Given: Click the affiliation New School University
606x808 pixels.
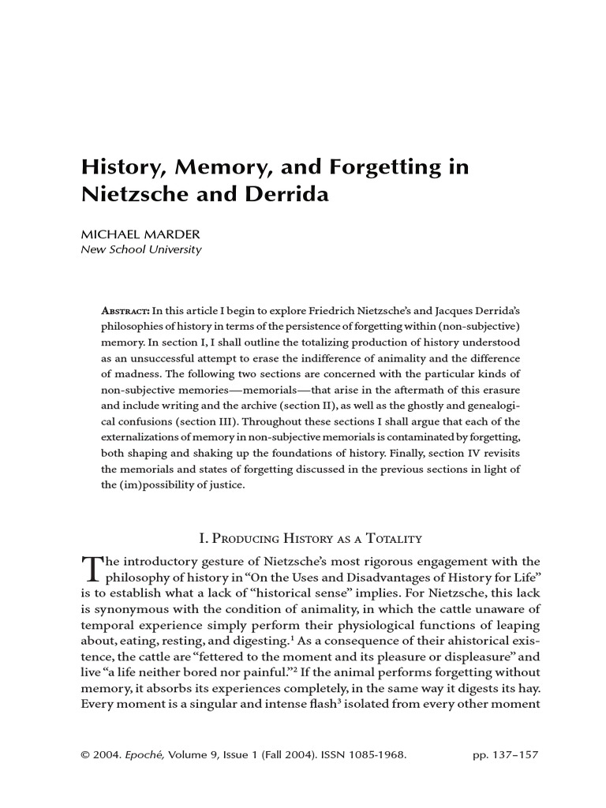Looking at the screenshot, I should (x=142, y=250).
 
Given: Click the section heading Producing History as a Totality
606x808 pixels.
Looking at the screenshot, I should (x=311, y=539).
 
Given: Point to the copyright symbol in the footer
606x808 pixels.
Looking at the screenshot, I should (x=85, y=755).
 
